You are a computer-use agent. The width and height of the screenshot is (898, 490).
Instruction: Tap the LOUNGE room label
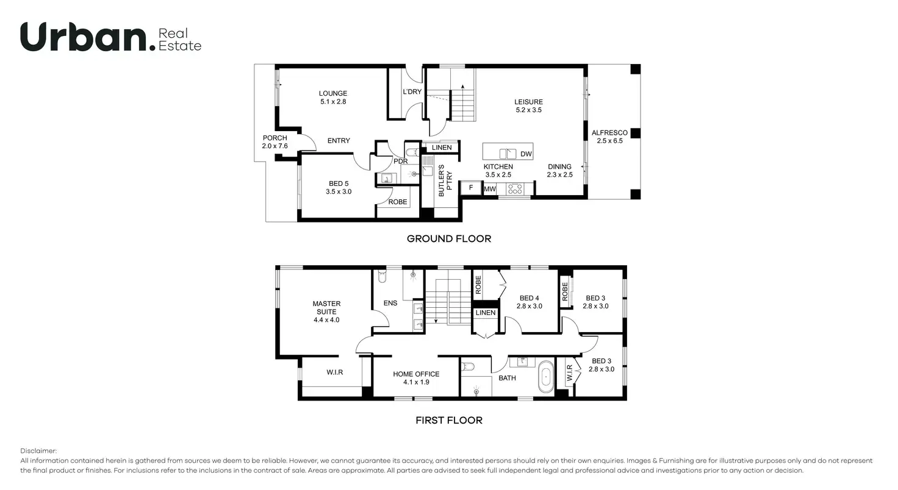tap(332, 93)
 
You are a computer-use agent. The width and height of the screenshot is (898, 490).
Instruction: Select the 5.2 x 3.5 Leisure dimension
tap(528, 110)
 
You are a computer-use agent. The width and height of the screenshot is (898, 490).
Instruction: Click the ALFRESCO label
tap(609, 133)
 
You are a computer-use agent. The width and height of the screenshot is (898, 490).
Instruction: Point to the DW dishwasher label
tap(526, 154)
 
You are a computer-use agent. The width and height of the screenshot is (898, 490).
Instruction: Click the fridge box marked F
tap(470, 188)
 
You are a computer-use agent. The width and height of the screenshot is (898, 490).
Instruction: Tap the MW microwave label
tap(490, 189)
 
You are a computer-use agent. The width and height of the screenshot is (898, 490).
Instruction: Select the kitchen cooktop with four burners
tap(515, 189)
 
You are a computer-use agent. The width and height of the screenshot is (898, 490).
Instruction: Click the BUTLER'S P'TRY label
tap(445, 180)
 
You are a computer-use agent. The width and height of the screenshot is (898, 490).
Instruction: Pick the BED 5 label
tap(339, 183)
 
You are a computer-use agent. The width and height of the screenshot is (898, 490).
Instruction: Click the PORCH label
tap(275, 138)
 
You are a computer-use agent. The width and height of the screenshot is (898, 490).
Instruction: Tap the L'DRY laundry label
tap(412, 92)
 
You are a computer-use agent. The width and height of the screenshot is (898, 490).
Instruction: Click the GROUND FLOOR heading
tap(448, 239)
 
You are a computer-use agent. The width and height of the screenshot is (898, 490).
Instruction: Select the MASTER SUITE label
tap(326, 308)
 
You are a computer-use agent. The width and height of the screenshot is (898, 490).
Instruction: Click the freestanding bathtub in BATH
tap(545, 377)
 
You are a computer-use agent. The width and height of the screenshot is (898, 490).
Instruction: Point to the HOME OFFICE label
tap(416, 374)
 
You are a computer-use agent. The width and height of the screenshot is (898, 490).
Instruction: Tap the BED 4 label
tap(529, 298)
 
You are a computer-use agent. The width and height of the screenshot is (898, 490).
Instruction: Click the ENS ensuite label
tap(390, 303)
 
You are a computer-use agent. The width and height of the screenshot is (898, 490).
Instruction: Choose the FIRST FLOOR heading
tap(448, 421)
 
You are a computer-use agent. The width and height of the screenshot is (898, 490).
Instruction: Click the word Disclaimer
tap(38, 451)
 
